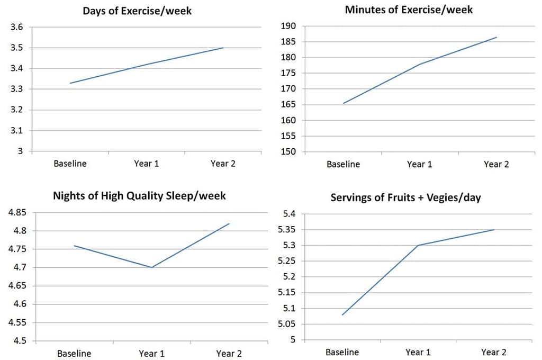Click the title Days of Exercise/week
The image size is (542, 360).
(x=137, y=11)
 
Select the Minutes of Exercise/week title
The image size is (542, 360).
(x=409, y=10)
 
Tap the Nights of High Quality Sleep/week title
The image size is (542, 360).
(x=139, y=196)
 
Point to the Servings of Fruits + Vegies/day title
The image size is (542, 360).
(x=405, y=198)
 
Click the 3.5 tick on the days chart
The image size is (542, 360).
(x=16, y=48)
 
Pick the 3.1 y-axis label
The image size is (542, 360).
(x=16, y=131)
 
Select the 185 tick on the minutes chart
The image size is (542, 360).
(x=288, y=42)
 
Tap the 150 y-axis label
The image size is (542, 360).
(x=288, y=152)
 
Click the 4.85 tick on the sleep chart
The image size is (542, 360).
(x=17, y=212)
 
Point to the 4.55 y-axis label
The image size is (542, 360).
(x=17, y=322)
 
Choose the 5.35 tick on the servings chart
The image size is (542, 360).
(x=287, y=230)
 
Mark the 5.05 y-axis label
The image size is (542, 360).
(x=287, y=325)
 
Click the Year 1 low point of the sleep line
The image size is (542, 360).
(x=152, y=267)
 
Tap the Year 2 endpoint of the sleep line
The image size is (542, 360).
(x=229, y=223)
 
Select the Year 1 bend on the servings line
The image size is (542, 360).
(x=418, y=245)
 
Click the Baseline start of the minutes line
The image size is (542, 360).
(x=343, y=103)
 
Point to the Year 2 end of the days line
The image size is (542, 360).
(x=223, y=48)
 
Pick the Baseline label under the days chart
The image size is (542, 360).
(x=70, y=164)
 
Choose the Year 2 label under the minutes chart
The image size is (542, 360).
(x=496, y=164)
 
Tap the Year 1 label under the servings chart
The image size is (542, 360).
(x=418, y=353)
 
